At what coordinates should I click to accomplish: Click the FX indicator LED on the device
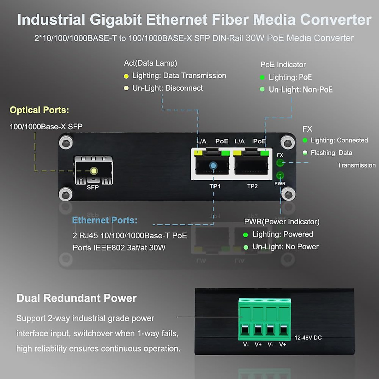coord(280,163)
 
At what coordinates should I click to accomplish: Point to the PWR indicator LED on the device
coord(280,175)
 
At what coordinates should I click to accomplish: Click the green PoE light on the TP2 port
coord(265,153)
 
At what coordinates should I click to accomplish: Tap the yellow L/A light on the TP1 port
coord(198,153)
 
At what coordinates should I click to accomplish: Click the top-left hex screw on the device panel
coord(66,143)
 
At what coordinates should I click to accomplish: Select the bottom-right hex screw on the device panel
coord(288,193)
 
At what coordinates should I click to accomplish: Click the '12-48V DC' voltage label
coord(308,338)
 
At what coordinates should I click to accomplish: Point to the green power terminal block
coord(264,319)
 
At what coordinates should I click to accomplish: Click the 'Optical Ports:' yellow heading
coord(39,110)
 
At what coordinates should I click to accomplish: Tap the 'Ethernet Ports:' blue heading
coord(105,220)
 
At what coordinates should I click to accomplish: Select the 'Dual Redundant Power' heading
coord(76,298)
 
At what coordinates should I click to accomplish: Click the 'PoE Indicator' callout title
coord(283,65)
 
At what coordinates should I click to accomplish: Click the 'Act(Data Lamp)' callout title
coord(150,63)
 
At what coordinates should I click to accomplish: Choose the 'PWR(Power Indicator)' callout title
coord(282,222)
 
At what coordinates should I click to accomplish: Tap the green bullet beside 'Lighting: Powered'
coord(245,235)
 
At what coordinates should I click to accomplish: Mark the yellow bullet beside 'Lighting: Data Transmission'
coord(126,76)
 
